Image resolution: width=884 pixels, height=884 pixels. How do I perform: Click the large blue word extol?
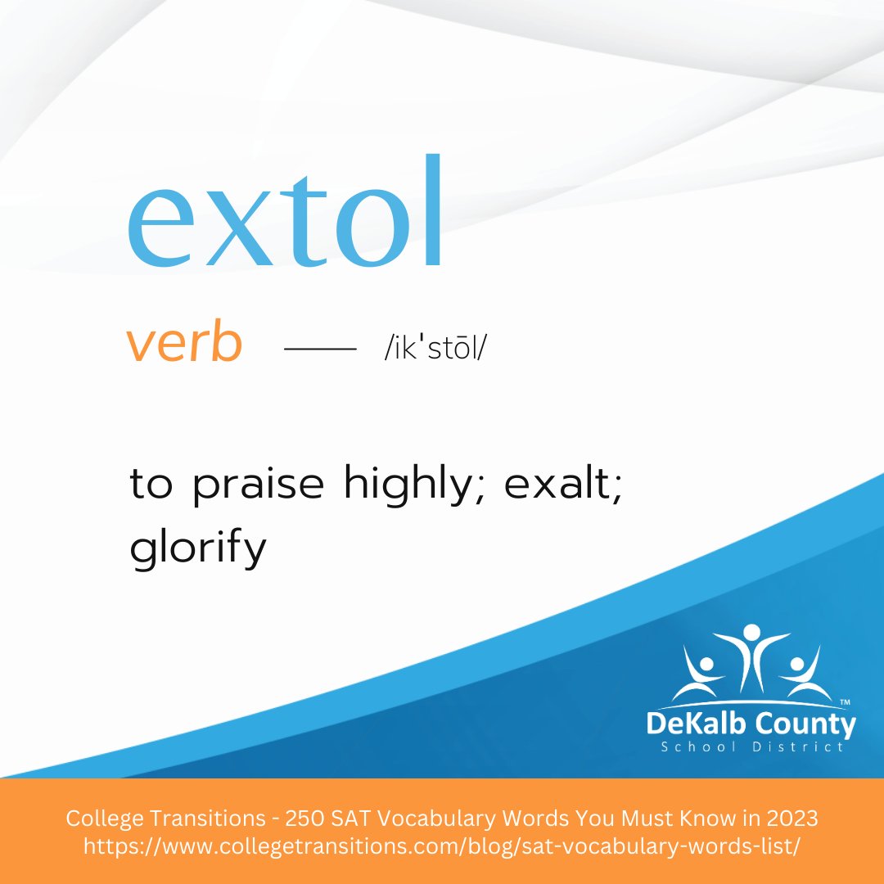(285, 217)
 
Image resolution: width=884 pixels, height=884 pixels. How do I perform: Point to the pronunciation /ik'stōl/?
(429, 349)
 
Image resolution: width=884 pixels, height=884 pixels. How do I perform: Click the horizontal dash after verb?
(320, 350)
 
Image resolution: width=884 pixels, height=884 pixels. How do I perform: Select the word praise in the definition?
(258, 485)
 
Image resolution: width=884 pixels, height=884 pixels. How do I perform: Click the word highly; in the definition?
(416, 485)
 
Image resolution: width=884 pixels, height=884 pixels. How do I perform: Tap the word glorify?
(198, 548)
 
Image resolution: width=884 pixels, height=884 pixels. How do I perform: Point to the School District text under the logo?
(751, 747)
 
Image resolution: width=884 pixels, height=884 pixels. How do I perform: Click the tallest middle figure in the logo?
(751, 655)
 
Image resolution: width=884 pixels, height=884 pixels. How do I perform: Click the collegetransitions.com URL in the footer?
(441, 847)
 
